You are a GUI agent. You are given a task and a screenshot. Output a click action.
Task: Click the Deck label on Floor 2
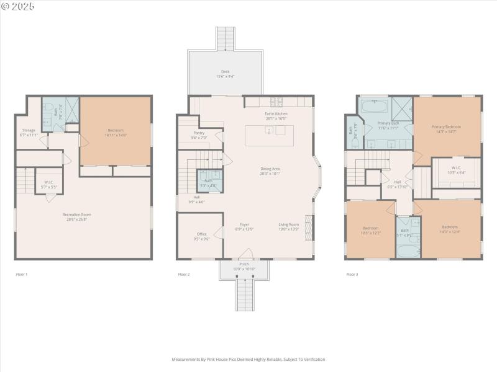tap(225, 71)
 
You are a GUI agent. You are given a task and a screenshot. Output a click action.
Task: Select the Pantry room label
tap(199, 133)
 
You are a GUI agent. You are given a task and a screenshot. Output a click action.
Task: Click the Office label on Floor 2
tap(202, 234)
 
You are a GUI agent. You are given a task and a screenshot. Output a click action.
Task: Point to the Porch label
tap(244, 264)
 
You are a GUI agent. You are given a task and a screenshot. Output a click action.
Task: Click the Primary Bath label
tap(388, 123)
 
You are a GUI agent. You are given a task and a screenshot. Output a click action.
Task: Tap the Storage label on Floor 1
tap(29, 130)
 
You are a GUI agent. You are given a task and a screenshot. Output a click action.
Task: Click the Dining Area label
tap(270, 169)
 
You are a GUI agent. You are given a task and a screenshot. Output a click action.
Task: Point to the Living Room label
tap(288, 224)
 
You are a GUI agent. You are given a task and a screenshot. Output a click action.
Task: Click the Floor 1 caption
tap(22, 274)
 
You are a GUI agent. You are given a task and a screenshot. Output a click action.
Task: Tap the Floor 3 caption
tap(352, 274)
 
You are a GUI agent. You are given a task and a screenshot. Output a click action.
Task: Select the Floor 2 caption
tap(184, 274)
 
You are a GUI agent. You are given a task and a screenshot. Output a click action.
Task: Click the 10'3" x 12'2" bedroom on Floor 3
tap(370, 230)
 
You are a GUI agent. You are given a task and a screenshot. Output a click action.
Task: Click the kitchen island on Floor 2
tap(269, 135)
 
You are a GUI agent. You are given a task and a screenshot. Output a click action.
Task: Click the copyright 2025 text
tap(18, 6)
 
